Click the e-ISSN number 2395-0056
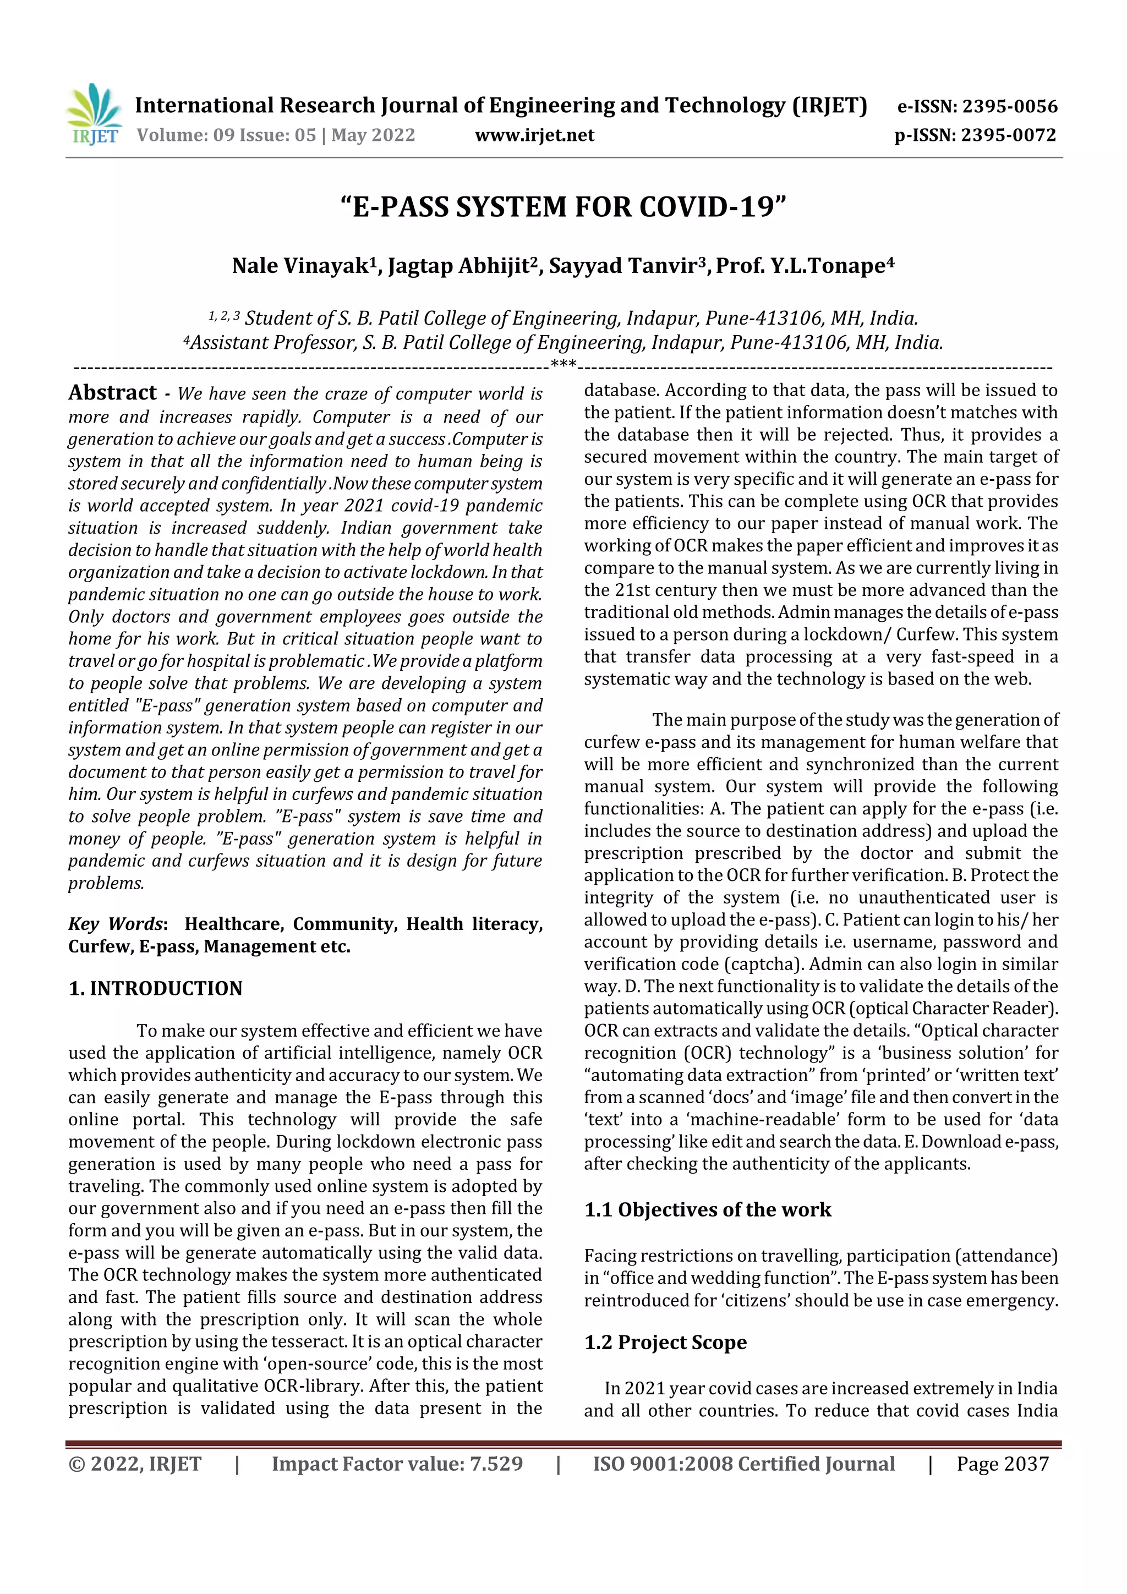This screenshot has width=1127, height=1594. coord(1009,107)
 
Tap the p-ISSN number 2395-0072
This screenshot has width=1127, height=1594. coord(1008,135)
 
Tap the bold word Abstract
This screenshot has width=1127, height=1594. coord(112,393)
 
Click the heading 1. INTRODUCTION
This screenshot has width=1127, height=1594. coord(156,989)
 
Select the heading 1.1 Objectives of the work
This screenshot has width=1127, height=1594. coord(707,1209)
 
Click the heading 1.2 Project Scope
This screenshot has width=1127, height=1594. coord(665,1342)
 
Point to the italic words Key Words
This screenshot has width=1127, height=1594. coord(115,924)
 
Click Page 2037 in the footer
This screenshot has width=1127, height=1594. coord(1002,1464)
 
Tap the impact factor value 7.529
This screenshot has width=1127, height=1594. coord(496,1464)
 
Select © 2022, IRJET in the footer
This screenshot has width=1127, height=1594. coord(135,1464)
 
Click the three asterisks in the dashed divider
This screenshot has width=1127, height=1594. coord(562,364)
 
